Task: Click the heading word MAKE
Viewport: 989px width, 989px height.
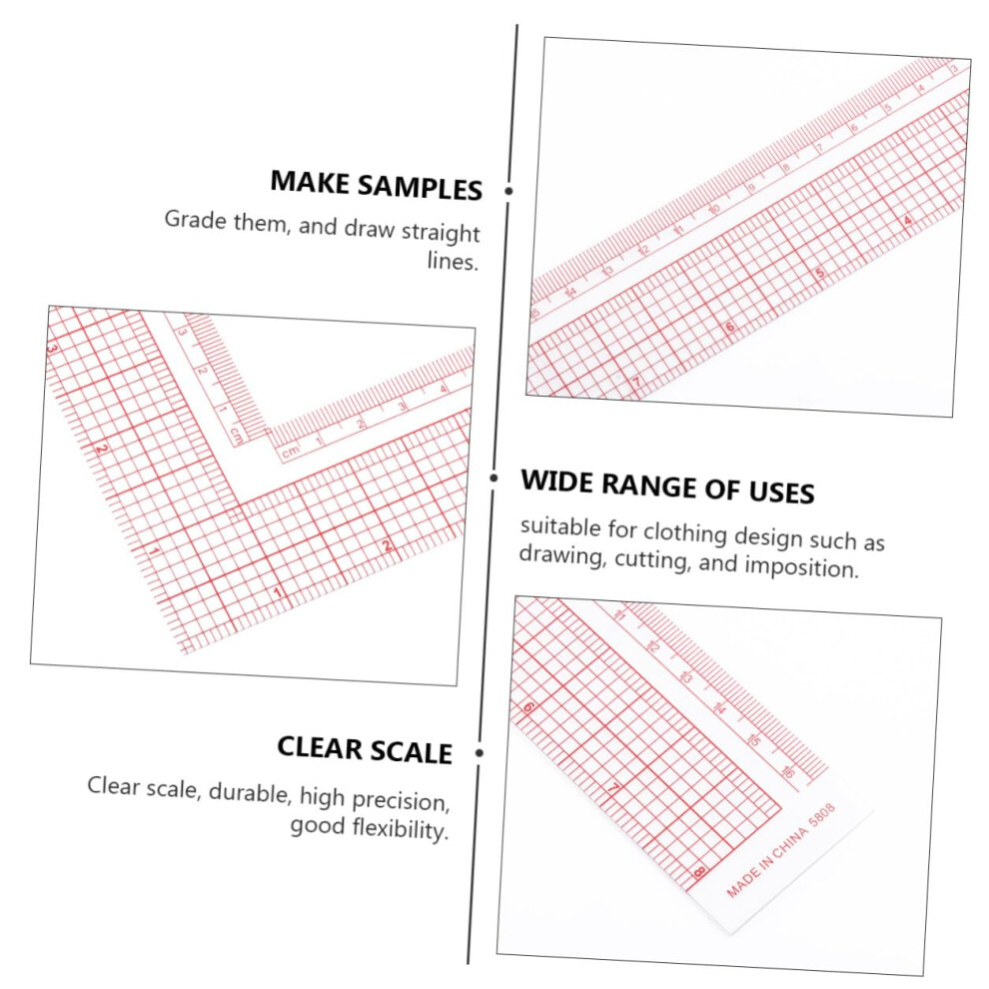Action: coord(310,182)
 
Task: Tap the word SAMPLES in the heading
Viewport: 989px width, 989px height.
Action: coord(420,188)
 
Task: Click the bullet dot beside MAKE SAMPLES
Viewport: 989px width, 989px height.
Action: coord(508,191)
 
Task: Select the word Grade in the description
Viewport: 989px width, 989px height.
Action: coord(196,220)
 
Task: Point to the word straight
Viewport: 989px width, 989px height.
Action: coord(441,233)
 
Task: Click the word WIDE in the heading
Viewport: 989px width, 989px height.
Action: coord(557,482)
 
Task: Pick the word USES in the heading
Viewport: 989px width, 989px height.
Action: coord(781,492)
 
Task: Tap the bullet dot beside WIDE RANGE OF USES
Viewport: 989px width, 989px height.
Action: coord(494,479)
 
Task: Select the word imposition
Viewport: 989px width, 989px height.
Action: coord(801,567)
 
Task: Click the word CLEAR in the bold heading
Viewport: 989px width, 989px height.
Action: coord(319,748)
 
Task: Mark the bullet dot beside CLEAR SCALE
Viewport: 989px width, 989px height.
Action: coord(480,752)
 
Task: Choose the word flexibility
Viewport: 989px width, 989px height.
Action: coord(401,828)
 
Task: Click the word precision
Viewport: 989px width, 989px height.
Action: coord(401,801)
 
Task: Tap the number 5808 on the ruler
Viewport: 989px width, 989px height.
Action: coord(822,815)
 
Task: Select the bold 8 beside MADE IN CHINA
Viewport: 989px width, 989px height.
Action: coord(699,873)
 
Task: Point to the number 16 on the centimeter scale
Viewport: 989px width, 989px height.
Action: coord(788,771)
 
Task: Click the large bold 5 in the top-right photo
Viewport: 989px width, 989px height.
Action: coord(820,273)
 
